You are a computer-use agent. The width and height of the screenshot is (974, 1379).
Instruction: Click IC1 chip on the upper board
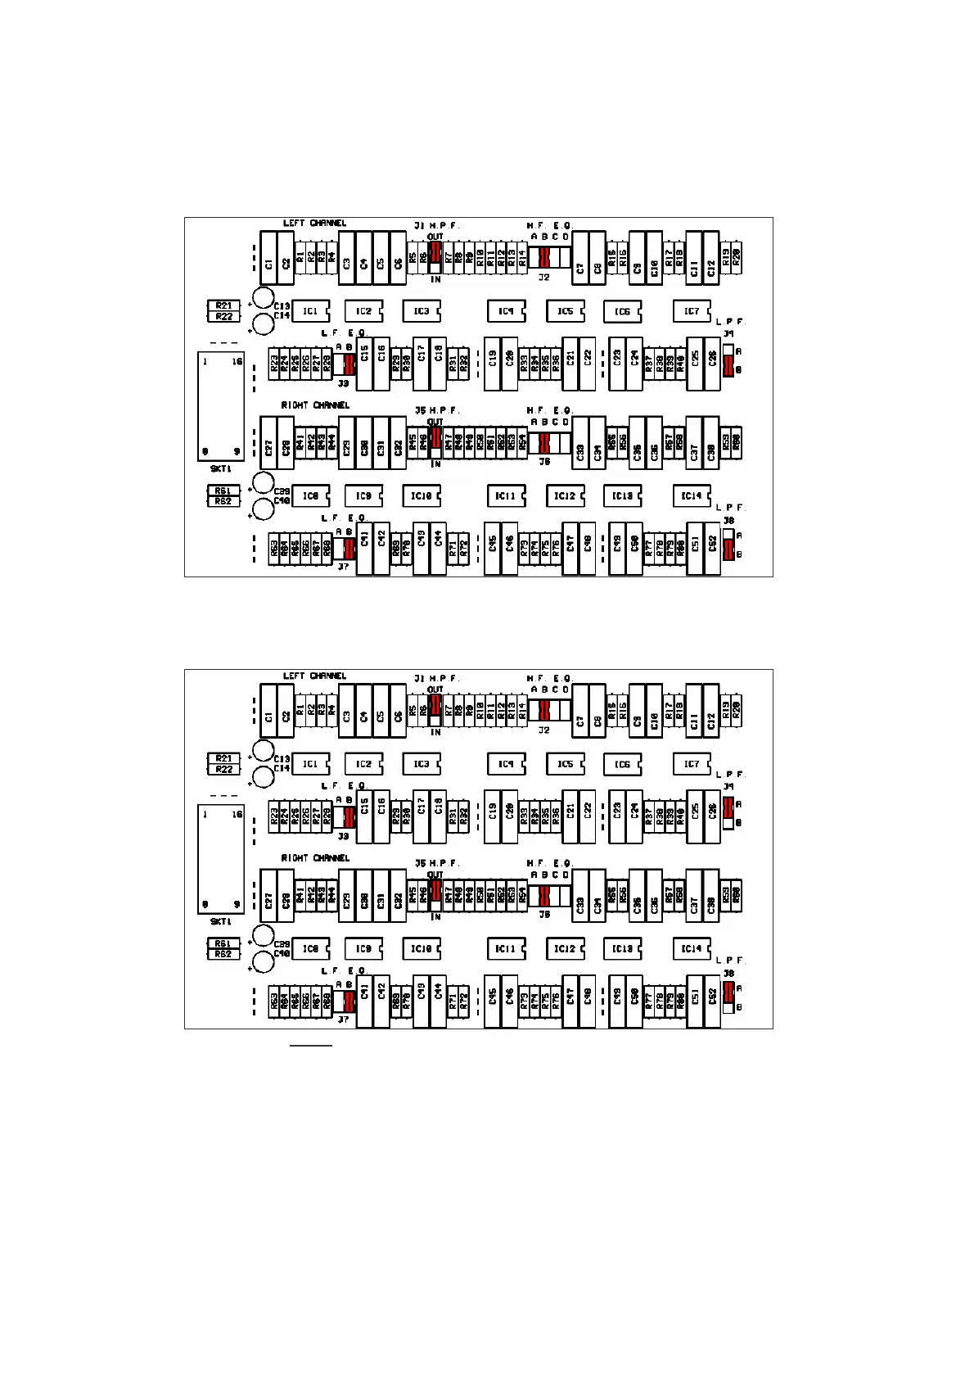pyautogui.click(x=310, y=311)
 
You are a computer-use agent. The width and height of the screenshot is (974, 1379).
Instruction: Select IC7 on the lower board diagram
pyautogui.click(x=692, y=764)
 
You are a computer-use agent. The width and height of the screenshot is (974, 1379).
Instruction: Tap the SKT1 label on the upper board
pyautogui.click(x=221, y=469)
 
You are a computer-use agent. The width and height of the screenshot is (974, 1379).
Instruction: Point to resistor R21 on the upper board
pyautogui.click(x=223, y=306)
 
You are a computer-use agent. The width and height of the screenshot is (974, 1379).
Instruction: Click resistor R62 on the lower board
pyautogui.click(x=223, y=954)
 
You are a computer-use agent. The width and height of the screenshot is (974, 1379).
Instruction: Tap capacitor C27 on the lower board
pyautogui.click(x=268, y=902)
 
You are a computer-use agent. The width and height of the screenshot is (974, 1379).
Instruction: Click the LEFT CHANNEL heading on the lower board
pyautogui.click(x=314, y=676)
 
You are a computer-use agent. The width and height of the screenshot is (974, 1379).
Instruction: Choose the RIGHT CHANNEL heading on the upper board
pyautogui.click(x=315, y=405)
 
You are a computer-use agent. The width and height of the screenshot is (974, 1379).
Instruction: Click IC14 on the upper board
pyautogui.click(x=692, y=495)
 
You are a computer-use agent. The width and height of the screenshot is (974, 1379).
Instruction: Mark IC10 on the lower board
pyautogui.click(x=421, y=948)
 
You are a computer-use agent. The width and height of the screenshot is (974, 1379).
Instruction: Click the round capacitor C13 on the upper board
pyautogui.click(x=263, y=298)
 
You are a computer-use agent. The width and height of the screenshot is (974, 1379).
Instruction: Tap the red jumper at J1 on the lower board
pyautogui.click(x=435, y=704)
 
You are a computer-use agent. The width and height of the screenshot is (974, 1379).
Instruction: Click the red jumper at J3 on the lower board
pyautogui.click(x=349, y=816)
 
